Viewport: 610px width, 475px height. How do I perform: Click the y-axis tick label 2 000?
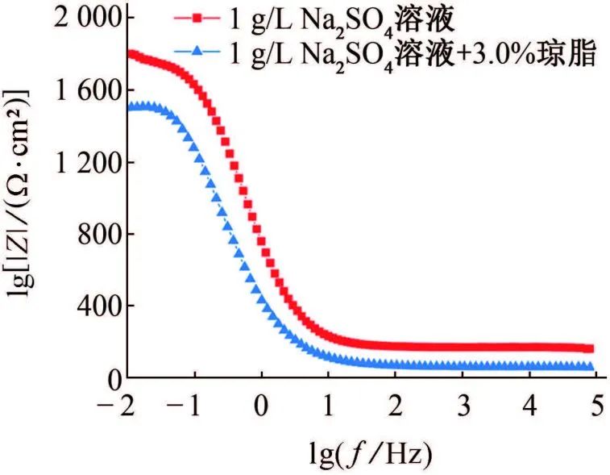[81, 18]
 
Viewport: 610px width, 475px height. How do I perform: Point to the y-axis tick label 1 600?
[81, 90]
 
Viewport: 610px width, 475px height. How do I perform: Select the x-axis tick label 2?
[395, 403]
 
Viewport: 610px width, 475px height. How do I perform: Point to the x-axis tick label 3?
[463, 403]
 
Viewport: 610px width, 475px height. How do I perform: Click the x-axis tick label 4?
[529, 403]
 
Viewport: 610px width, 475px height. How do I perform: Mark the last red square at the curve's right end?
[590, 349]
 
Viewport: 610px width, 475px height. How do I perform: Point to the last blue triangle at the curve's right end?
[590, 367]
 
